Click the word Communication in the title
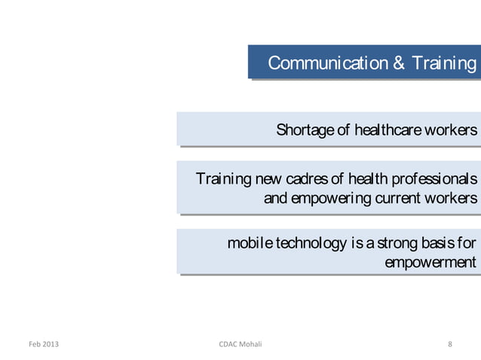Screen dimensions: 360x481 (x=329, y=63)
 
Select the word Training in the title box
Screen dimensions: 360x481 (x=444, y=63)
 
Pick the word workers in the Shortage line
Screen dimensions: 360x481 (x=451, y=130)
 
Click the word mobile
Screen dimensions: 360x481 (x=250, y=244)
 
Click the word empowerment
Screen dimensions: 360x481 (x=430, y=263)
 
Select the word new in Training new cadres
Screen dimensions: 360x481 (x=267, y=180)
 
